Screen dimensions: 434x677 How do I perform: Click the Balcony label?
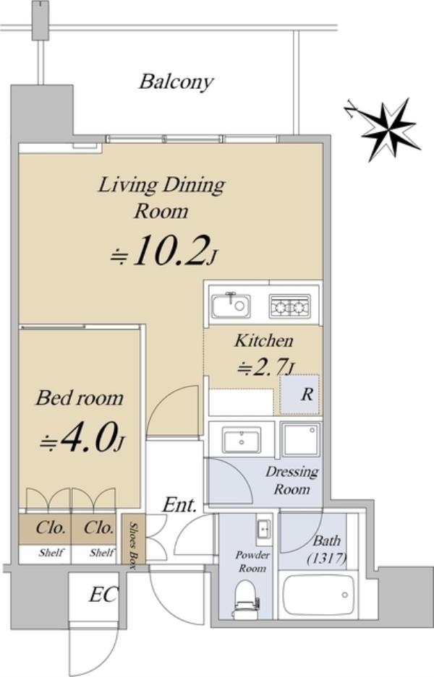[176, 82]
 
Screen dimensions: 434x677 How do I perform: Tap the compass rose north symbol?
[387, 128]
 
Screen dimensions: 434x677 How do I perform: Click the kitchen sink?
[231, 306]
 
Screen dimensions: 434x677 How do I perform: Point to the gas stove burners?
[289, 306]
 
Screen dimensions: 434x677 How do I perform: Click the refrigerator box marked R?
[299, 394]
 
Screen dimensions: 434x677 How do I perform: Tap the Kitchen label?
[264, 340]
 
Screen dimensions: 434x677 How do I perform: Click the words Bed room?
[80, 397]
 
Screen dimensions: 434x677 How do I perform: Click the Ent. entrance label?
[179, 505]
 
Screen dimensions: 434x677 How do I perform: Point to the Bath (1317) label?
[327, 550]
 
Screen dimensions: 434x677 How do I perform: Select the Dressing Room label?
[292, 480]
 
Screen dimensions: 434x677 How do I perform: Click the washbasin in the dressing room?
[242, 439]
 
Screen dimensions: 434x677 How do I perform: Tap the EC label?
[103, 594]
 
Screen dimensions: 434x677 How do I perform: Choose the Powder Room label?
[252, 561]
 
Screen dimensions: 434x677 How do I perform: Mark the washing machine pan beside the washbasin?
[301, 439]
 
